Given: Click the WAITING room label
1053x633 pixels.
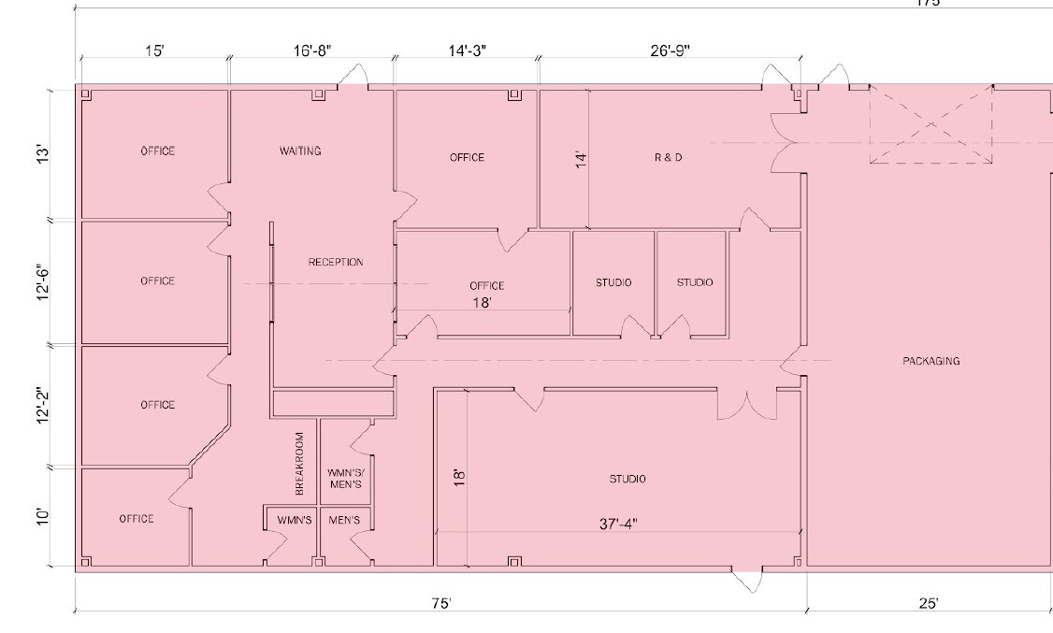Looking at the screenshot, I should (300, 151).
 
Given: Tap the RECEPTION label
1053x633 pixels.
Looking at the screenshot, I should (336, 262).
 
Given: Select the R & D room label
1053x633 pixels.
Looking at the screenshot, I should (668, 157).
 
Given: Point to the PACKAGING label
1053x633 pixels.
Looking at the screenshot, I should (930, 361).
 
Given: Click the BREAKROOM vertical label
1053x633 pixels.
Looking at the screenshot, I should (300, 464).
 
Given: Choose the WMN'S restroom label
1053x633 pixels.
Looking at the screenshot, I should (294, 520).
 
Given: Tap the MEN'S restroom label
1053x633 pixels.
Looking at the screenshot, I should (344, 520).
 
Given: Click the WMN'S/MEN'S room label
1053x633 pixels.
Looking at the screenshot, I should (346, 479).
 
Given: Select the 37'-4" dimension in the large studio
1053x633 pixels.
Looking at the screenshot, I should (618, 525).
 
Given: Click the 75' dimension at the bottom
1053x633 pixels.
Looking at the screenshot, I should (440, 604).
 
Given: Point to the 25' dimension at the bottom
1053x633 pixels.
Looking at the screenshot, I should (928, 604).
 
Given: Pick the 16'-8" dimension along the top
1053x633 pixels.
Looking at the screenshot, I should (311, 50).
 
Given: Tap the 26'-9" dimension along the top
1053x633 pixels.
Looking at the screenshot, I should (670, 50).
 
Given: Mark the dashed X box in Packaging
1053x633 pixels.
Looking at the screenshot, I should (930, 125).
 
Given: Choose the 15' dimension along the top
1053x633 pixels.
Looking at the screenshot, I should (154, 50).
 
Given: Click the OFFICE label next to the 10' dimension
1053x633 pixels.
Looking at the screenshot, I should (137, 518).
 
